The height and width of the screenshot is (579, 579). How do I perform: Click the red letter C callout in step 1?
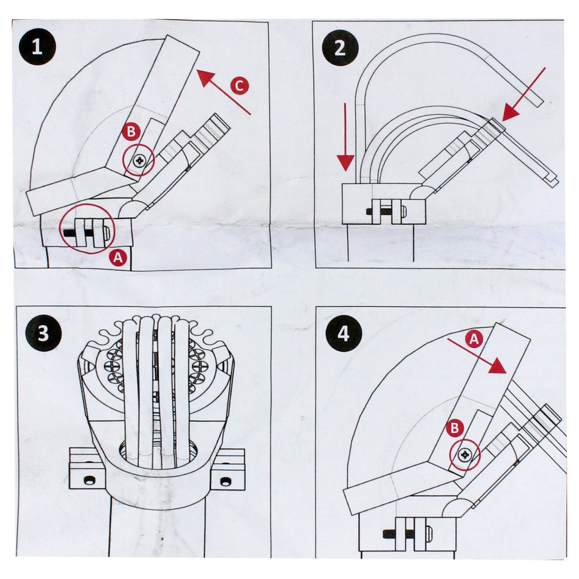tap(239, 87)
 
